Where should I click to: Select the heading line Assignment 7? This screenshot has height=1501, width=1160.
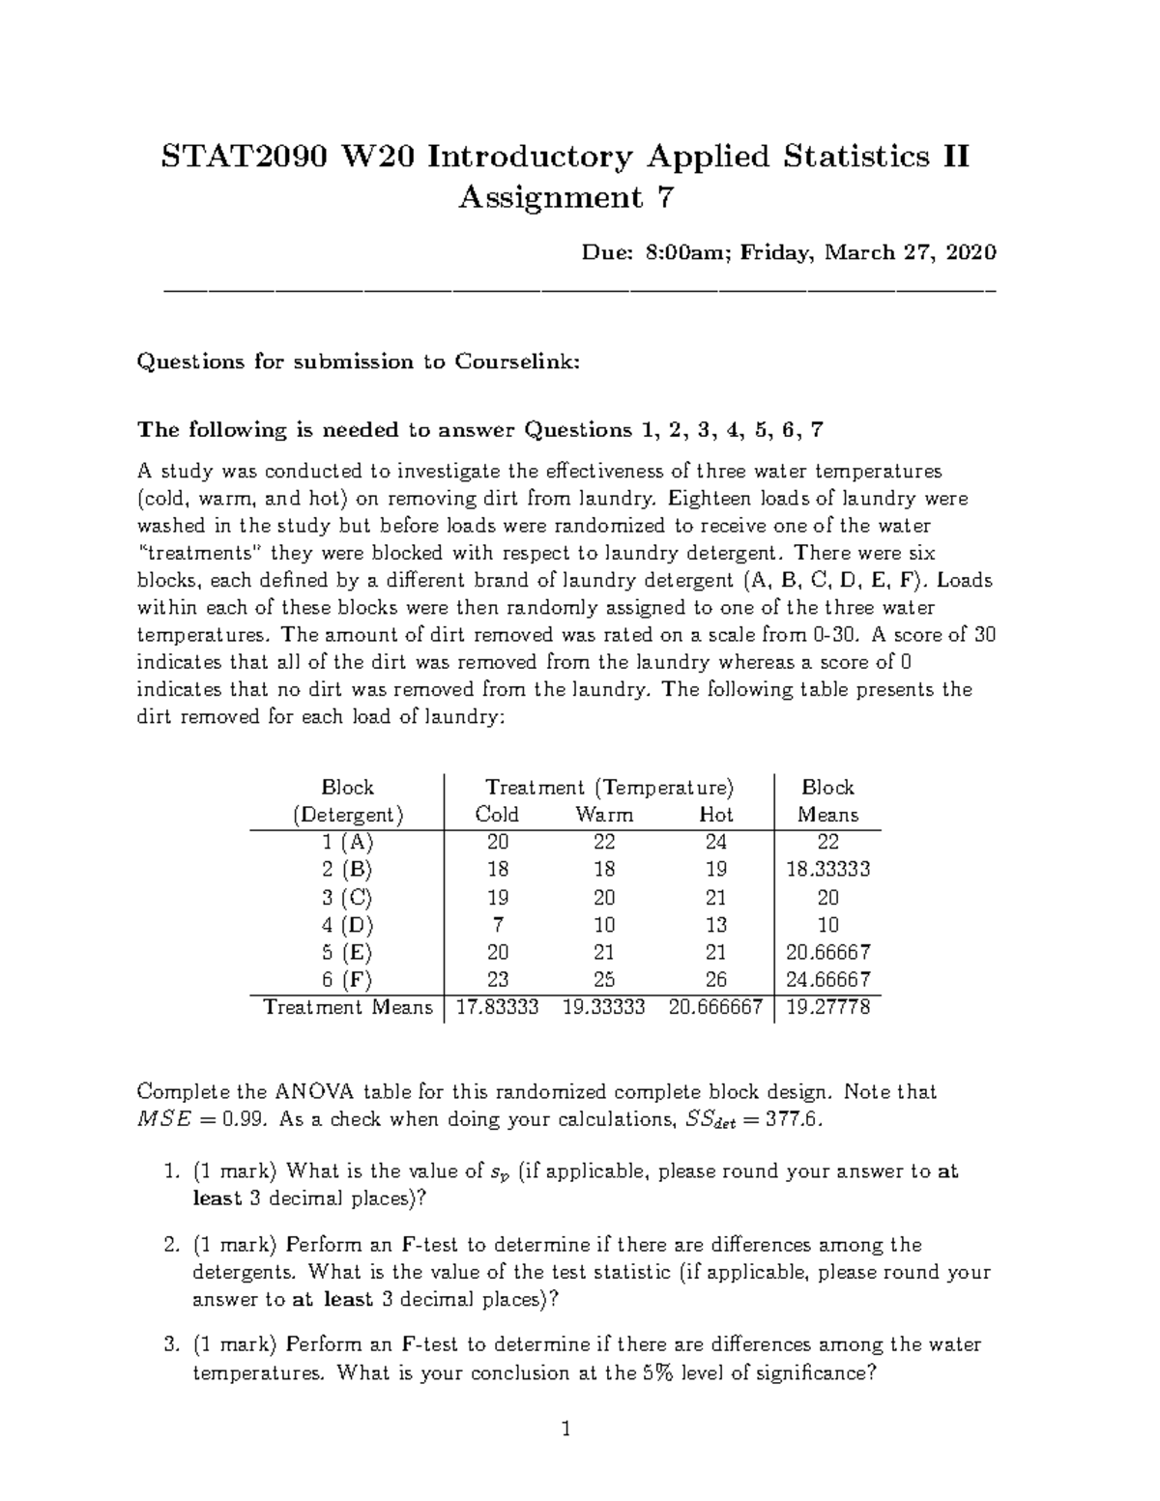coord(565,197)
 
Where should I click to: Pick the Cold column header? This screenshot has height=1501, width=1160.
coord(497,815)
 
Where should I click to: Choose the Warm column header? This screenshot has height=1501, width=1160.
coord(604,815)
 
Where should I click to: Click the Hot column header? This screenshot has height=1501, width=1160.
coord(716,815)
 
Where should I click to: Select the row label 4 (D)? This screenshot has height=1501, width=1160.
coord(347,924)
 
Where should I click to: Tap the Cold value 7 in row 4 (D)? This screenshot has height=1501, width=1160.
coord(498,924)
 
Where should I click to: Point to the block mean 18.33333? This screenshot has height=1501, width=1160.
coord(828,869)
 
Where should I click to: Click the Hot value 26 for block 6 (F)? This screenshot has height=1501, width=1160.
coord(716,979)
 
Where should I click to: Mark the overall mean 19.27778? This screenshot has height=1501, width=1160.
coord(828,1007)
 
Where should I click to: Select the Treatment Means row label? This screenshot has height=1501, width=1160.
coord(348,1007)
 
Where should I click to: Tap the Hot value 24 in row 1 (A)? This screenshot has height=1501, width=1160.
coord(716,842)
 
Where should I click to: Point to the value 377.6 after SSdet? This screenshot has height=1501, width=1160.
coord(798,1120)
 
